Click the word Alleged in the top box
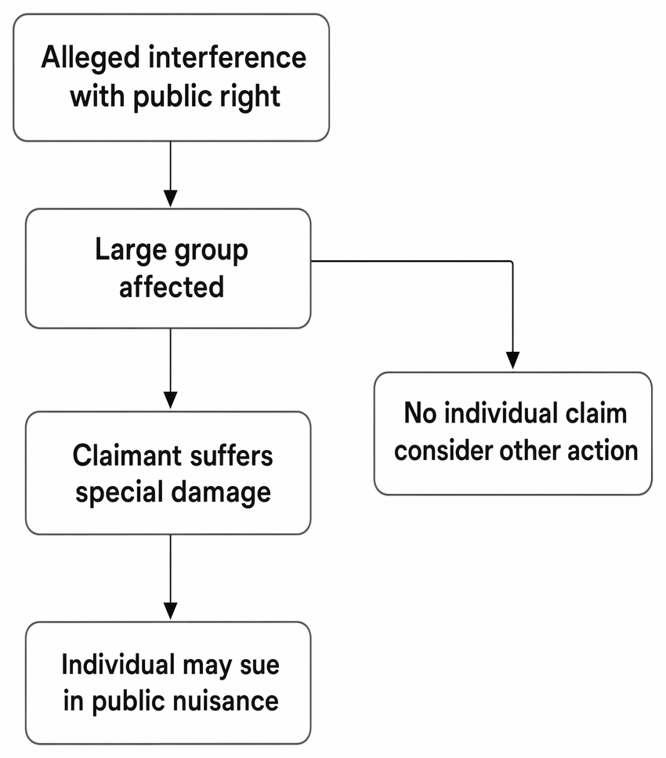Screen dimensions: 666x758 coord(91,59)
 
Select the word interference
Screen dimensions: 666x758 coord(227,57)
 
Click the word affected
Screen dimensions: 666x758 coord(172,287)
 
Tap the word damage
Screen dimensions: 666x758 coord(222,494)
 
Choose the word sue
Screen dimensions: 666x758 coord(259,666)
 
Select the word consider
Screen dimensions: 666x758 coord(443,451)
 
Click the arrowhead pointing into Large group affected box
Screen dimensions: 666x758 coord(171,198)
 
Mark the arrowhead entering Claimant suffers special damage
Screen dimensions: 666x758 coord(171,400)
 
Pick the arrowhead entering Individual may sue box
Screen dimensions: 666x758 coord(171,611)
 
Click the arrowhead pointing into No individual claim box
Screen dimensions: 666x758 coord(512,360)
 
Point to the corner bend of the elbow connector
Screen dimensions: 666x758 coord(512,262)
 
